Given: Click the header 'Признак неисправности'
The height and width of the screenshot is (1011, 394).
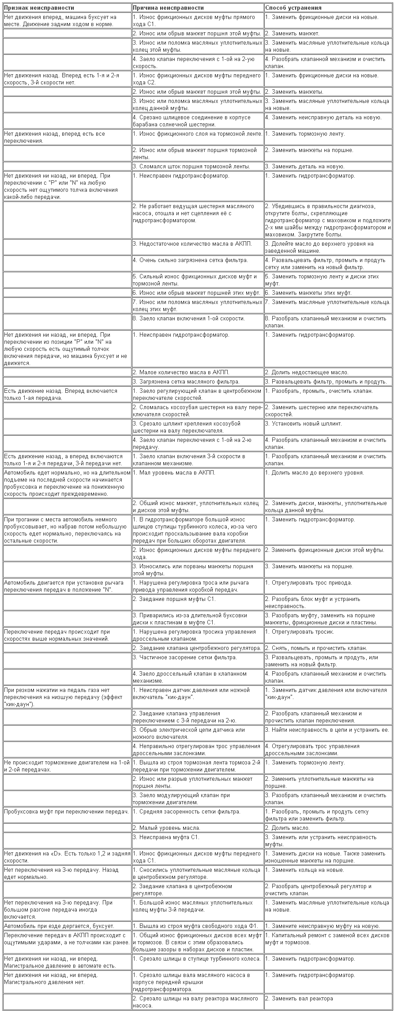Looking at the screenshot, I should (39, 8).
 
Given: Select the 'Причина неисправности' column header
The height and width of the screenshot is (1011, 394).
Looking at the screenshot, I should (169, 8).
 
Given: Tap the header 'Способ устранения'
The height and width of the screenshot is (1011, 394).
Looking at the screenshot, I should (293, 8).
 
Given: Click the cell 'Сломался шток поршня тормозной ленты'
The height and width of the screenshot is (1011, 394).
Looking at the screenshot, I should (192, 167).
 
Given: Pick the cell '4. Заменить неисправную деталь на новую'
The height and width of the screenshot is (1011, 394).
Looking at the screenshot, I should (323, 118).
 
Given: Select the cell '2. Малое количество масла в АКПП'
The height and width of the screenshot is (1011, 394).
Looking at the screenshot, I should (181, 372).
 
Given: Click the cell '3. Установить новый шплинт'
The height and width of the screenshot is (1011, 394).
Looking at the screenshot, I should (304, 423).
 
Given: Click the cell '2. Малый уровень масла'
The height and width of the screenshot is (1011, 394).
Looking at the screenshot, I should (167, 828).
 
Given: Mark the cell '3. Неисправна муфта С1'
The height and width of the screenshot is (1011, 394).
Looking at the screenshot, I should (166, 837).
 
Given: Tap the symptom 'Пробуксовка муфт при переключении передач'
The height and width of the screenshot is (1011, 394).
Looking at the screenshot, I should (66, 811).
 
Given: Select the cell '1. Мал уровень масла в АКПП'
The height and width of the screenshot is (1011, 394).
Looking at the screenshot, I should (174, 473).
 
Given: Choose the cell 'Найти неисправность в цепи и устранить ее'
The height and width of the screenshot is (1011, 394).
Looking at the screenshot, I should (327, 730).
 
